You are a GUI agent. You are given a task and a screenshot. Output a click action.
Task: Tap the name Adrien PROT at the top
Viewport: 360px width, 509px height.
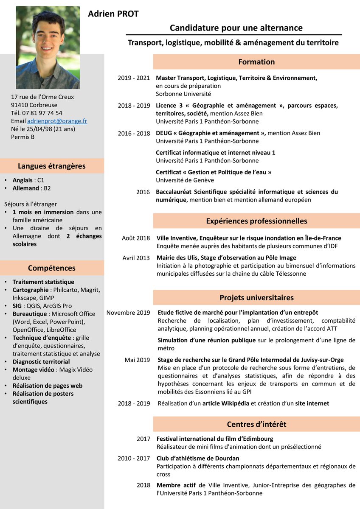coord(113,14)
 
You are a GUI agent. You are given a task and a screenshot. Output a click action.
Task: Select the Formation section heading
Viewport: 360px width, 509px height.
coord(256,62)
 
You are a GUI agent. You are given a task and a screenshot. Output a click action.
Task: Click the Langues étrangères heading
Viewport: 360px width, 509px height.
coord(52,166)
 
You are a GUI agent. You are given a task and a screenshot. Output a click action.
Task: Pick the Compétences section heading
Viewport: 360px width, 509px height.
coord(52,268)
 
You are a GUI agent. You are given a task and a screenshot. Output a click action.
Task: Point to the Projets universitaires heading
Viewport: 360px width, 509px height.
coord(256,297)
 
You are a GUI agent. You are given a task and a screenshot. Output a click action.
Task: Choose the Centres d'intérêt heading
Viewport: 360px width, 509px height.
coord(256,424)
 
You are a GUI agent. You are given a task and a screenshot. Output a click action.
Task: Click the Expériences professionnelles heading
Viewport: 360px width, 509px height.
coord(256,221)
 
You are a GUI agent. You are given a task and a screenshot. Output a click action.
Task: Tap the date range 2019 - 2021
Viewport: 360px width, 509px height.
coord(134,78)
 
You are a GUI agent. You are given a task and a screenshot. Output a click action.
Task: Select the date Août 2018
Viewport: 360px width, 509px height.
coord(136,238)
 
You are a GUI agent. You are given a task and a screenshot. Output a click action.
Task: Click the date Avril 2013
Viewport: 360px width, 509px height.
coord(136,258)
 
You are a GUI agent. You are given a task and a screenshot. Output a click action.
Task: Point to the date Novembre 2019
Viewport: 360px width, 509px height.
coord(128,313)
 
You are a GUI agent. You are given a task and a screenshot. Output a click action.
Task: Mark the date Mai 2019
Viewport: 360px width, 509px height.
coord(137,360)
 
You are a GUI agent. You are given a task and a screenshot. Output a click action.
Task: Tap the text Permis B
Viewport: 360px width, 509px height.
coord(23,137)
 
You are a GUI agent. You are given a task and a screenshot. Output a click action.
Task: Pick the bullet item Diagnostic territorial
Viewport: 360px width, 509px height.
coord(41,362)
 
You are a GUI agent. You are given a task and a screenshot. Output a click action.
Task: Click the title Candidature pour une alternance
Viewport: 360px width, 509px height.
coord(236,28)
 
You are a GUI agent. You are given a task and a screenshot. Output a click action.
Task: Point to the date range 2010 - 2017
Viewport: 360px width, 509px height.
coord(134,459)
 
